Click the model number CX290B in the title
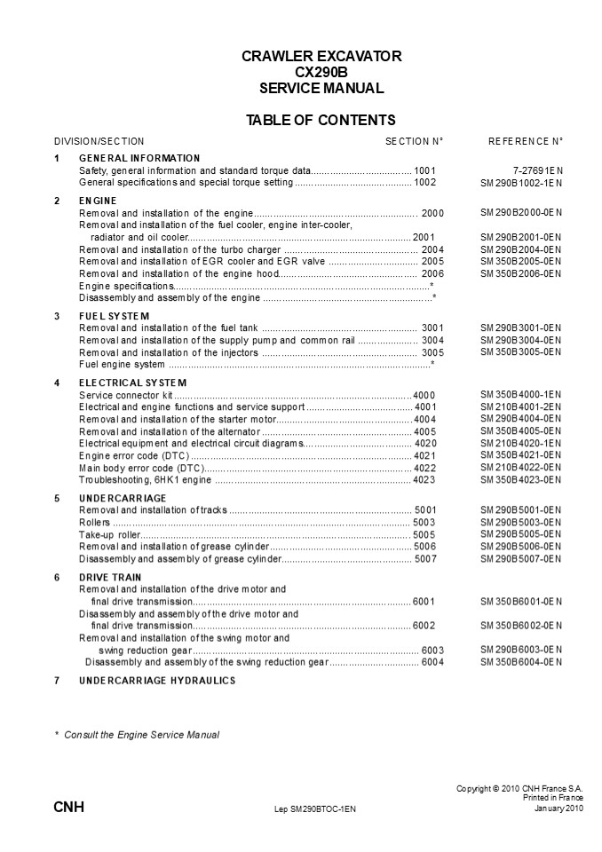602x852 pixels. coord(321,72)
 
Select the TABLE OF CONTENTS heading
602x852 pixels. coord(321,121)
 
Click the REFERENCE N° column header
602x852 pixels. coord(526,141)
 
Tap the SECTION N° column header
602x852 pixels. coord(414,141)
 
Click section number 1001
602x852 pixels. coord(425,170)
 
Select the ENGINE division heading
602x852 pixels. coord(91,201)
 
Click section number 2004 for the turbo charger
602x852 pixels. coord(432,249)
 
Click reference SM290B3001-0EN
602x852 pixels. coord(521,327)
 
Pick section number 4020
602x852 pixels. coord(426,442)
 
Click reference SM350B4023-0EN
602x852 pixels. coord(521,479)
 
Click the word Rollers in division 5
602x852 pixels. coord(94,523)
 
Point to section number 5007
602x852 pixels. coord(426,559)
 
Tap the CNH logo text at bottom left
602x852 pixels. coord(68,809)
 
